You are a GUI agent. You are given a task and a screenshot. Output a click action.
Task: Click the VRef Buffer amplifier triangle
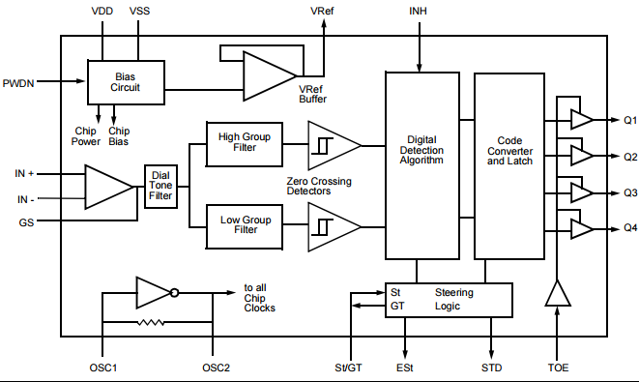[267, 75]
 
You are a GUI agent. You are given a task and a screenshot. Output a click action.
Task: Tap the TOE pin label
[558, 368]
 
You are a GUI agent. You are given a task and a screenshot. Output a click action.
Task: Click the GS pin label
[26, 222]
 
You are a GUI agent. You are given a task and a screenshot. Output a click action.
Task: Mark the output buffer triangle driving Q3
[581, 191]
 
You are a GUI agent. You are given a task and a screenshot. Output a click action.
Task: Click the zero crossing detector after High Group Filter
[332, 144]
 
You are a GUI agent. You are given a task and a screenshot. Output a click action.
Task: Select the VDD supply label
[102, 11]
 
